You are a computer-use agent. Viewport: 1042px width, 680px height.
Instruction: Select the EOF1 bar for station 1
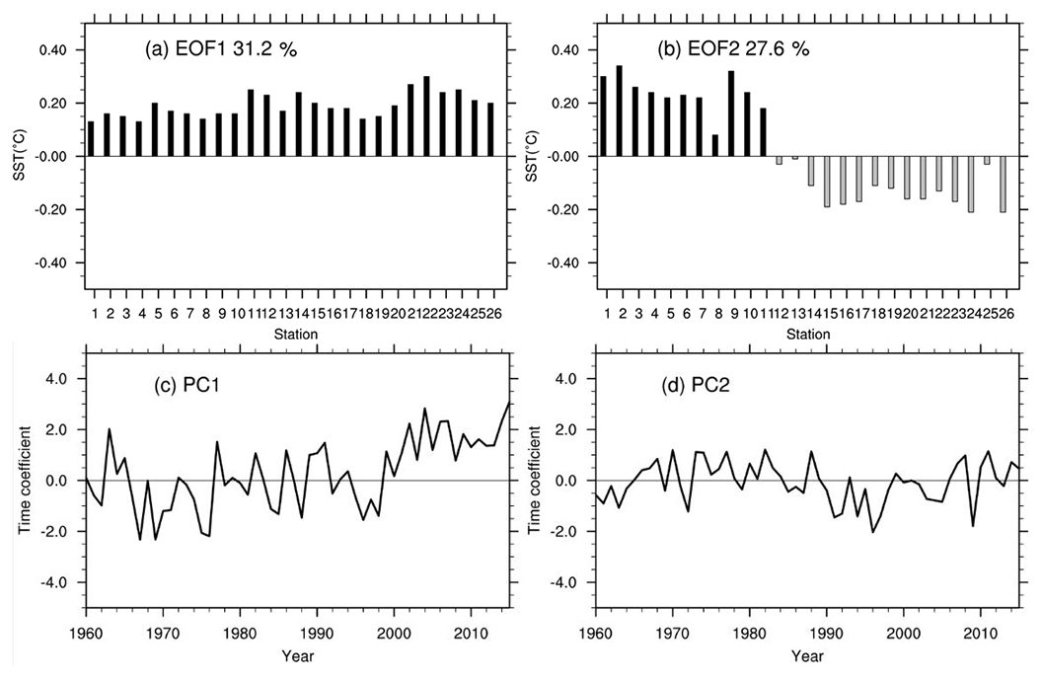point(92,139)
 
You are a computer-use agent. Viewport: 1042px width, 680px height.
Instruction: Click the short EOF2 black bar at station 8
point(714,145)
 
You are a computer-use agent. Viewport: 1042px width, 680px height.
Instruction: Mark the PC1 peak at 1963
point(110,429)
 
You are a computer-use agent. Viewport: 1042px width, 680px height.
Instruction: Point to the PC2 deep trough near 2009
point(973,526)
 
